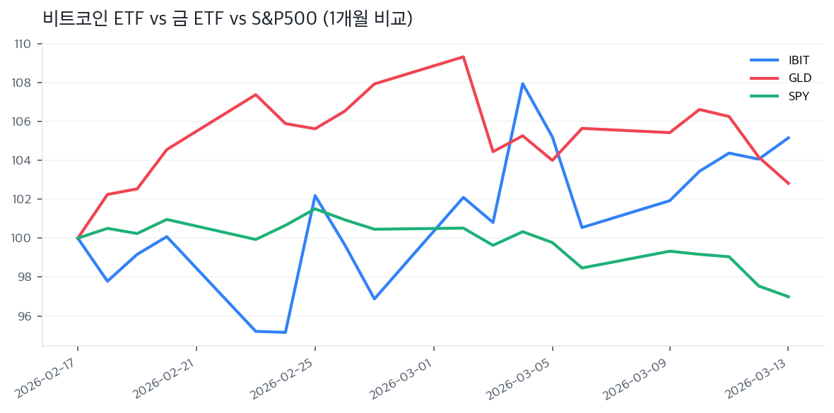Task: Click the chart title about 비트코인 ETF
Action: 227,19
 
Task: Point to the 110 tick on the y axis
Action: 23,44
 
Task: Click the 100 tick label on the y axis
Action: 23,238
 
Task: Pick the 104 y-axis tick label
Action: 23,160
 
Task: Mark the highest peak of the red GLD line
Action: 463,56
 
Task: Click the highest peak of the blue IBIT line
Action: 522,83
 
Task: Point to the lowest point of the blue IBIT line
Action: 286,332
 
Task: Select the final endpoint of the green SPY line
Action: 789,297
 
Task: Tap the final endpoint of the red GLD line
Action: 789,184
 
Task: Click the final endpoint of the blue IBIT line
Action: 789,138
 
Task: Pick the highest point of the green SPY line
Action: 315,209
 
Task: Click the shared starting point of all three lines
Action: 78,238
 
